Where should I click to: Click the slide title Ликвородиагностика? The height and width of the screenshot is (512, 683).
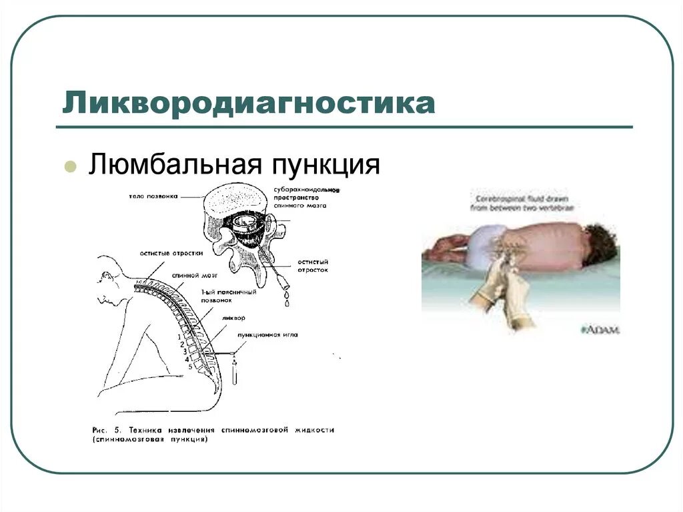249,105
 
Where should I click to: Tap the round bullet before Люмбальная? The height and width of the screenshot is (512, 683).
69,166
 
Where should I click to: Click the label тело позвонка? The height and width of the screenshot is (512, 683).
153,196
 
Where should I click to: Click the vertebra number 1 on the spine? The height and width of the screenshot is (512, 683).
179,337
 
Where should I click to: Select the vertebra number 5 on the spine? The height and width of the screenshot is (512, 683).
190,366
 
